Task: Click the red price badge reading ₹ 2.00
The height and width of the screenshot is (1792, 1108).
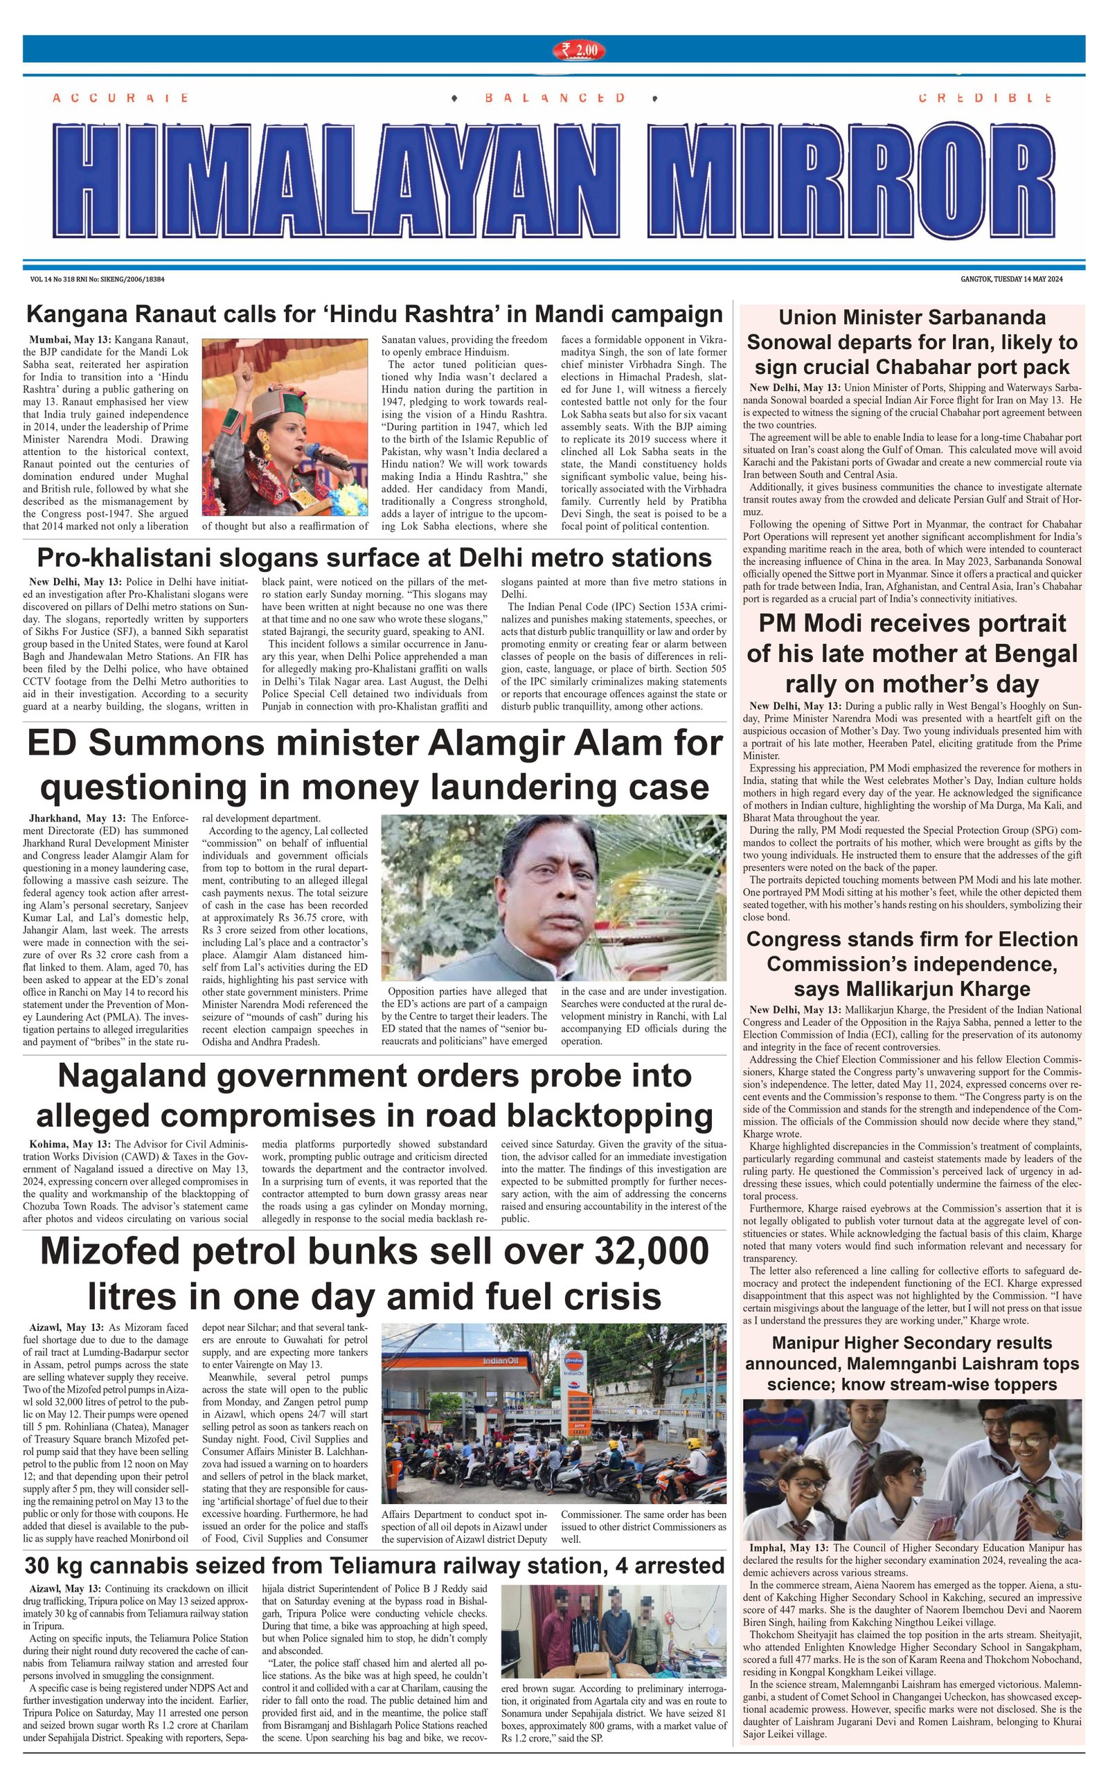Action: [579, 50]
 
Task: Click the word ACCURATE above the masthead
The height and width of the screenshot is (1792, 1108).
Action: [120, 98]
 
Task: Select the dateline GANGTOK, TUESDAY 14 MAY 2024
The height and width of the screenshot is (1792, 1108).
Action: [1011, 279]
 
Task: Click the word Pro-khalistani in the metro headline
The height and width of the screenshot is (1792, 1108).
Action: [139, 558]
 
